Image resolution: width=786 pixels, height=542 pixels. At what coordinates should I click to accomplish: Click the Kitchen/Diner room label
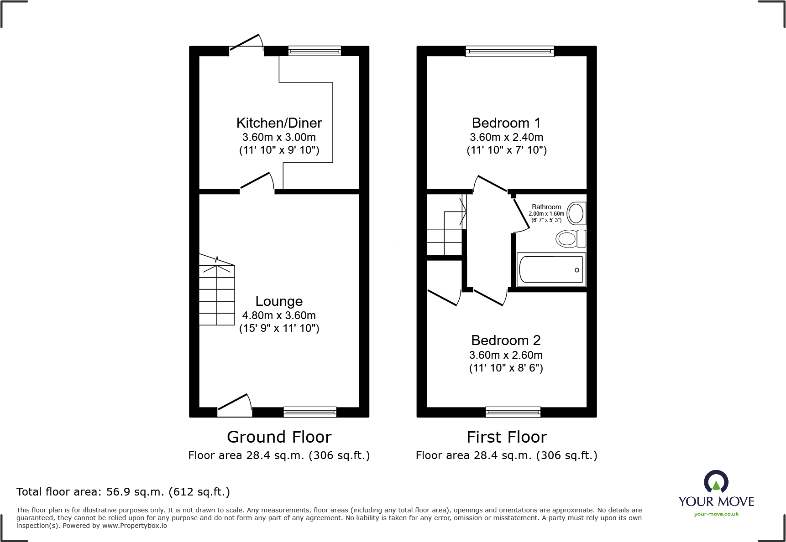coord(279,123)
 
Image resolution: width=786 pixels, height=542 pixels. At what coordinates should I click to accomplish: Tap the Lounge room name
coord(279,301)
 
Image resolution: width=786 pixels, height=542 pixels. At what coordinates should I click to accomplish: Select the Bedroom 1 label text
coord(506,123)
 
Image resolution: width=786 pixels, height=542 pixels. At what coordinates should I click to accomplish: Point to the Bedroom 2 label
coord(506,341)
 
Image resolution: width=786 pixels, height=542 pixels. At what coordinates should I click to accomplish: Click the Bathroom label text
coord(546,207)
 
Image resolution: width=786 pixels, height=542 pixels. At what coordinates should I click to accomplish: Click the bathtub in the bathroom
coord(551,270)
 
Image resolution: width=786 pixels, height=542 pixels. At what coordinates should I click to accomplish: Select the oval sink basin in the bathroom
coord(576,213)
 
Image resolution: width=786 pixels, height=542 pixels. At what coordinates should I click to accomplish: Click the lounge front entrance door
coord(235,405)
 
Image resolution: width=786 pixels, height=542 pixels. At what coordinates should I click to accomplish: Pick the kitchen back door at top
coord(246,43)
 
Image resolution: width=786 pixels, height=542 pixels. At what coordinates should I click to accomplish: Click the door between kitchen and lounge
coord(257,181)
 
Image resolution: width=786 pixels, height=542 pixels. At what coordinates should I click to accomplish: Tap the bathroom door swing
coord(520,214)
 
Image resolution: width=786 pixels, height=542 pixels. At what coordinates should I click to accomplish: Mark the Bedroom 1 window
coord(509,51)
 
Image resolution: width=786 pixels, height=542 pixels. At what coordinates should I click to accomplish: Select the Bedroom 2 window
coord(513,412)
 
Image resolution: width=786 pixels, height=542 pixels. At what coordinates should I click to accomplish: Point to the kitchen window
coord(314,51)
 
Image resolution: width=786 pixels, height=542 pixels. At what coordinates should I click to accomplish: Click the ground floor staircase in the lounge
coord(217,292)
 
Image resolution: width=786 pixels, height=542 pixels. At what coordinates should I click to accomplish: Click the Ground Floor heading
coord(279,437)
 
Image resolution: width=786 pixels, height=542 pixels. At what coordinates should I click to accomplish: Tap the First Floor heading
coord(506,437)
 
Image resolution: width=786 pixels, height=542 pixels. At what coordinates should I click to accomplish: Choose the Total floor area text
coord(123,492)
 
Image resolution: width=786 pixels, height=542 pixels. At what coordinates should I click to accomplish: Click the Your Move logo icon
coord(716,482)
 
